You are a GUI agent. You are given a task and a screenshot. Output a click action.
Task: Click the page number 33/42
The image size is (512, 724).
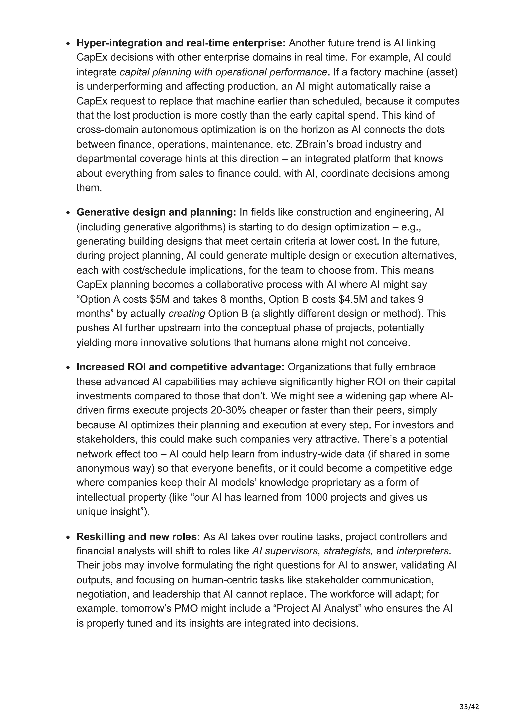pos(469,698)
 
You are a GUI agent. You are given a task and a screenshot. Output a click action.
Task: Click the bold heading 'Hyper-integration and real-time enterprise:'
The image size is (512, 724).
pos(181,43)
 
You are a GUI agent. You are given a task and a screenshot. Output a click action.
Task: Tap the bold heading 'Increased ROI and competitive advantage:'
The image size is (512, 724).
pos(180,367)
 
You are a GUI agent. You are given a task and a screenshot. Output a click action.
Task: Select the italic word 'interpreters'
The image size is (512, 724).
pos(422,551)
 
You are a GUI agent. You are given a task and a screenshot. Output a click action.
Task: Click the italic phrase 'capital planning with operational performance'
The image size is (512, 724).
pos(223,72)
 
